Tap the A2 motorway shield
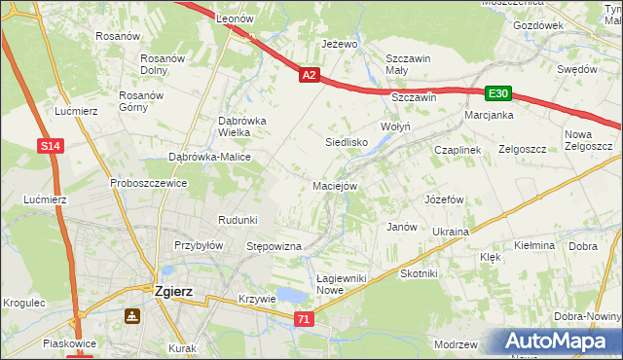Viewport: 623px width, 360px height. (x=309, y=75)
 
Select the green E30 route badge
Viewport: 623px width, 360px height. (x=498, y=93)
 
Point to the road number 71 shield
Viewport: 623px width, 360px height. (x=305, y=319)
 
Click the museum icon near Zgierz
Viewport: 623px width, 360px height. (x=131, y=316)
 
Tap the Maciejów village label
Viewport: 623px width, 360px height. (x=335, y=185)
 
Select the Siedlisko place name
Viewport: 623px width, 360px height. (x=345, y=142)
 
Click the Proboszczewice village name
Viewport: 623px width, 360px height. (x=148, y=183)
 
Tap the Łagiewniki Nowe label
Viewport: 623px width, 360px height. (x=342, y=284)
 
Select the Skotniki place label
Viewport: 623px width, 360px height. (x=420, y=274)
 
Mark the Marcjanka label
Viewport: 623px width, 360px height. (x=489, y=115)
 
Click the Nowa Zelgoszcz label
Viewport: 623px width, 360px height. (x=587, y=140)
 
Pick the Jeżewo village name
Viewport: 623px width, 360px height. (x=341, y=45)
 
